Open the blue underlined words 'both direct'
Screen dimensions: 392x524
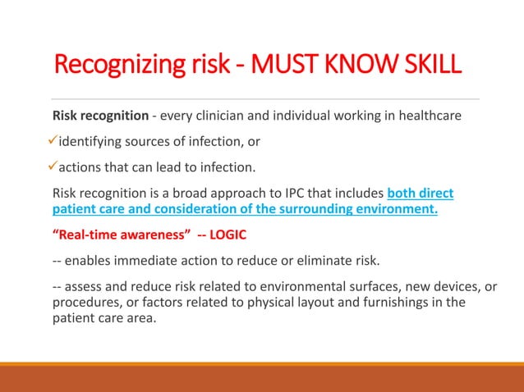point(420,194)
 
